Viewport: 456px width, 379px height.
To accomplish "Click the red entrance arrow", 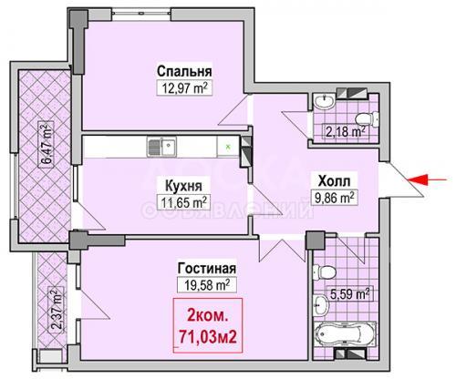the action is tap(427, 179).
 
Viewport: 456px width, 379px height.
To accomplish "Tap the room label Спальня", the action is tap(184, 72).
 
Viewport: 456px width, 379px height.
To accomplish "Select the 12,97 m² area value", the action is tap(184, 88).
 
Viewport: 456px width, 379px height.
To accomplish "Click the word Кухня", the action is tap(183, 186).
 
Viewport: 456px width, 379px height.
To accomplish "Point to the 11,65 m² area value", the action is tap(184, 202).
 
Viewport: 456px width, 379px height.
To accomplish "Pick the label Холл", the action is tap(334, 181).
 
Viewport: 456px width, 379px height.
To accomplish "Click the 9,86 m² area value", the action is tap(334, 198).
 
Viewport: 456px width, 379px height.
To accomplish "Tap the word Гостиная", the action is tap(207, 269).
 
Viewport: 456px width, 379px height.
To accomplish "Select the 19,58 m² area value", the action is tap(207, 285).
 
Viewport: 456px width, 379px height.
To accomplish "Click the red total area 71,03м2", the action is tap(208, 337).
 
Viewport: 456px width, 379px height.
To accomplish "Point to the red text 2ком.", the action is tap(208, 316).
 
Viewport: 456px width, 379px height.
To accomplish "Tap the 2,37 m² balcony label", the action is tap(56, 310).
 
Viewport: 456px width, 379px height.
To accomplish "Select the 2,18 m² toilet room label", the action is tap(346, 132).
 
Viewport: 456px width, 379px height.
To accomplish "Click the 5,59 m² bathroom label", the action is tap(350, 294).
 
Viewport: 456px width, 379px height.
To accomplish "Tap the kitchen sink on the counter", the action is tap(161, 147).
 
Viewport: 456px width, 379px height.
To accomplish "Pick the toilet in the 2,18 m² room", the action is tap(368, 118).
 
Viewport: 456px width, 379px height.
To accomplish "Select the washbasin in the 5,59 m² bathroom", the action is tap(321, 303).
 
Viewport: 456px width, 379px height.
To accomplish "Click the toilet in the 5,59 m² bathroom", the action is tap(324, 271).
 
